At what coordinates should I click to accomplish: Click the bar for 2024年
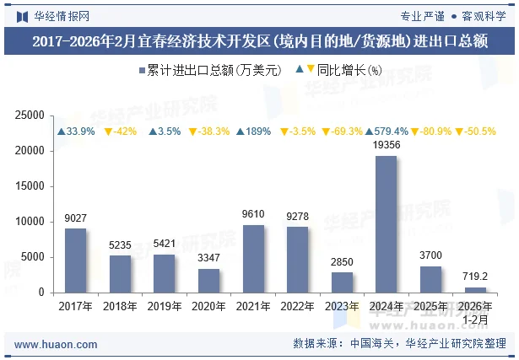(x=386, y=224)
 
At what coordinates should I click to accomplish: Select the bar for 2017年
(x=75, y=261)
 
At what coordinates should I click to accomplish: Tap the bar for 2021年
(x=252, y=259)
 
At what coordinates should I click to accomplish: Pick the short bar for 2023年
(x=342, y=282)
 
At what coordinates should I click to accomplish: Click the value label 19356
(x=386, y=146)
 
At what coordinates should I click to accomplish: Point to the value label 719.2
(x=475, y=277)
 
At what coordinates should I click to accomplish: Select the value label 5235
(x=120, y=245)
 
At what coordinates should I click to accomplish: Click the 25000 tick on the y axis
(x=30, y=116)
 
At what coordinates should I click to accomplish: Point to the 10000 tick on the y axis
(x=30, y=222)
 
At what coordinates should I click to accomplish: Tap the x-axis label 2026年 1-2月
(x=475, y=313)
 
